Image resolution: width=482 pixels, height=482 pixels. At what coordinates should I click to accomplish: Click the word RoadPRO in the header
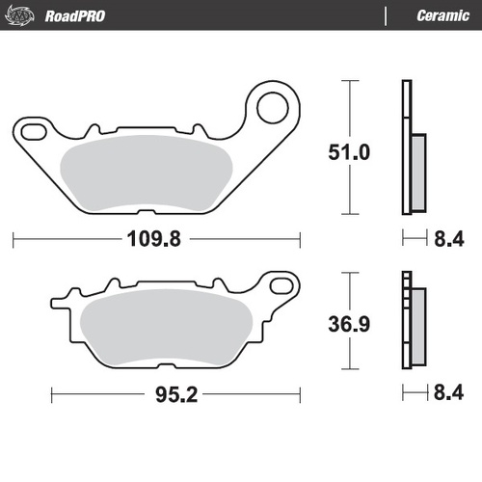pyautogui.click(x=76, y=15)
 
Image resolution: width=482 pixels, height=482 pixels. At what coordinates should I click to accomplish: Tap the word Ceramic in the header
pyautogui.click(x=442, y=15)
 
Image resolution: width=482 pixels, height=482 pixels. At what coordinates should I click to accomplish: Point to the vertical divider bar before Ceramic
pyautogui.click(x=386, y=15)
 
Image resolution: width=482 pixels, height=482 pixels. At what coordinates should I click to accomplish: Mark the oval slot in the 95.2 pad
pyautogui.click(x=281, y=284)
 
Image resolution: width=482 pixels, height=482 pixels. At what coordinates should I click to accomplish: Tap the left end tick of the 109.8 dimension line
pyautogui.click(x=13, y=238)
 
